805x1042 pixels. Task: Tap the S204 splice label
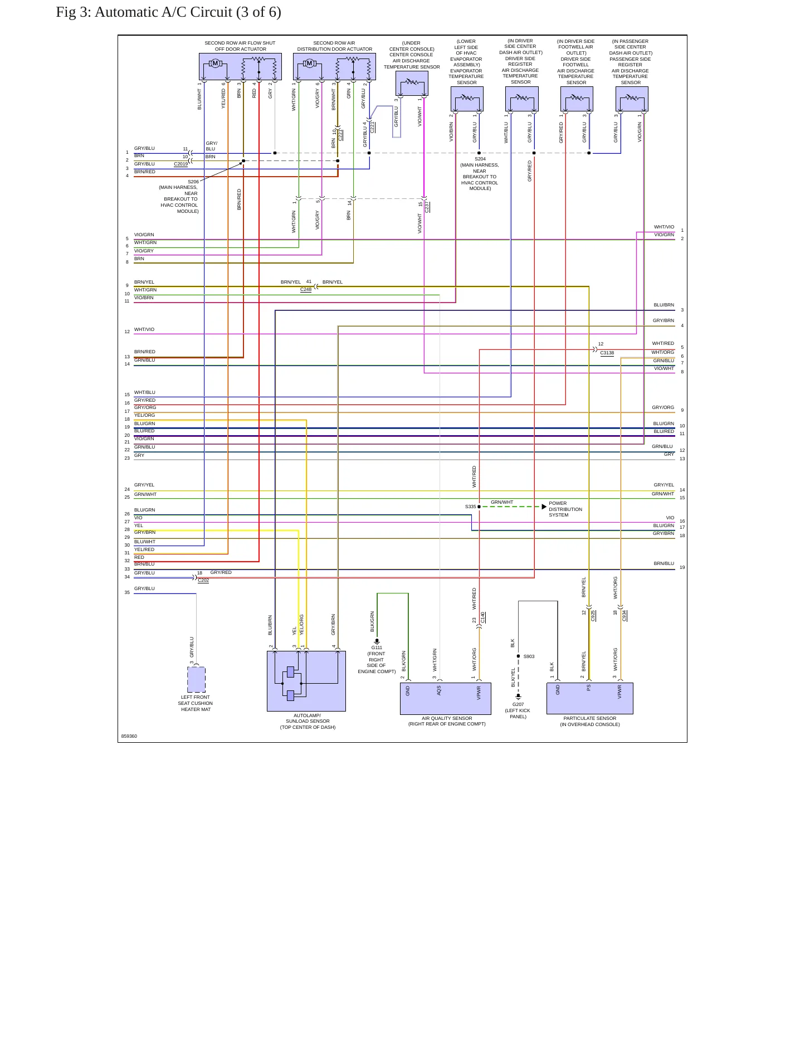pyautogui.click(x=480, y=159)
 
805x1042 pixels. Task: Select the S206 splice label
pyautogui.click(x=193, y=182)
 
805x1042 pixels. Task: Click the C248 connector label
pyautogui.click(x=306, y=290)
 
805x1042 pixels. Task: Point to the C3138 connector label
pyautogui.click(x=607, y=353)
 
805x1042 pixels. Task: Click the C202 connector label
pyautogui.click(x=203, y=580)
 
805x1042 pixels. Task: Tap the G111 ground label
pyautogui.click(x=377, y=647)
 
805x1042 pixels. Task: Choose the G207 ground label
pyautogui.click(x=518, y=704)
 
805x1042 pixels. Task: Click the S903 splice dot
pyautogui.click(x=518, y=656)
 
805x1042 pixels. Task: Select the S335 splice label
pyautogui.click(x=471, y=507)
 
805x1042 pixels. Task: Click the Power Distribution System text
pyautogui.click(x=565, y=509)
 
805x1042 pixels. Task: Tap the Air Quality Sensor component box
pyautogui.click(x=446, y=699)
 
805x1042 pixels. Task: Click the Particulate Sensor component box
pyautogui.click(x=590, y=699)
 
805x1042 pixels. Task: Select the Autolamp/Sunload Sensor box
pyautogui.click(x=306, y=681)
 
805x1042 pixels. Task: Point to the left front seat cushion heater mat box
pyautogui.click(x=196, y=680)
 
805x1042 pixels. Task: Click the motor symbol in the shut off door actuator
pyautogui.click(x=215, y=64)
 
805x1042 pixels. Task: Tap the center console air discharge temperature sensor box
pyautogui.click(x=412, y=84)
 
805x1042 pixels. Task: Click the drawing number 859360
pyautogui.click(x=129, y=736)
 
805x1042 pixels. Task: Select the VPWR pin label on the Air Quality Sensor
pyautogui.click(x=479, y=692)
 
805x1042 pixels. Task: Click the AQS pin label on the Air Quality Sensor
pyautogui.click(x=439, y=690)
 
